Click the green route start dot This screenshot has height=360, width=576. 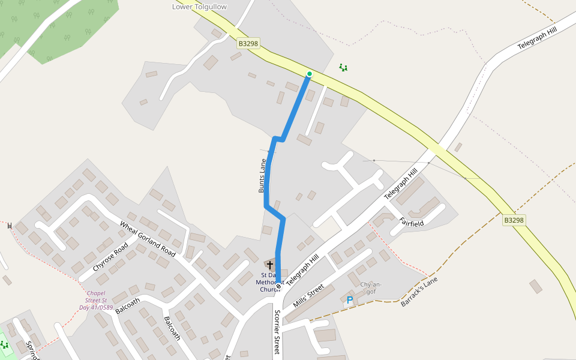pyautogui.click(x=310, y=74)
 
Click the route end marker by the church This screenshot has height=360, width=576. pyautogui.click(x=278, y=286)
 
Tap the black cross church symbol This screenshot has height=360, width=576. pyautogui.click(x=270, y=265)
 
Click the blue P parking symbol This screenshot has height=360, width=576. pyautogui.click(x=349, y=300)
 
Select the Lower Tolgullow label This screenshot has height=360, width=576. pyautogui.click(x=200, y=7)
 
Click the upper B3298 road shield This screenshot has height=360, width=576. pyautogui.click(x=248, y=43)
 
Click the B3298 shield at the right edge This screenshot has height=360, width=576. pyautogui.click(x=514, y=220)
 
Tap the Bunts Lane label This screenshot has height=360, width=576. pyautogui.click(x=262, y=175)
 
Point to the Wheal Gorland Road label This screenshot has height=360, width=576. pyautogui.click(x=151, y=239)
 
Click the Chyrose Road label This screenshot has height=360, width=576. pyautogui.click(x=110, y=257)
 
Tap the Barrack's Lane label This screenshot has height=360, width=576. pyautogui.click(x=419, y=292)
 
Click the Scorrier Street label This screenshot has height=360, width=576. pyautogui.click(x=277, y=332)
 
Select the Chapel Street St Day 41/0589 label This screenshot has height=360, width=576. pyautogui.click(x=96, y=300)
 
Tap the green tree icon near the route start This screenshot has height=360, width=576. pyautogui.click(x=343, y=68)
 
